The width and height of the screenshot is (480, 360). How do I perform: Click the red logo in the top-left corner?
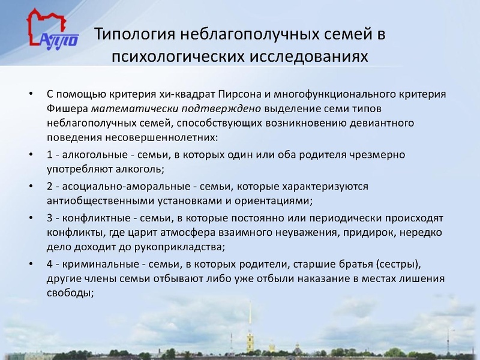52,29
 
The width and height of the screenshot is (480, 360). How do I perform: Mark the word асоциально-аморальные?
119,186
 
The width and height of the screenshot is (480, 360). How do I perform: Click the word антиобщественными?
100,200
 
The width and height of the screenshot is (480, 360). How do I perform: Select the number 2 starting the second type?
50,186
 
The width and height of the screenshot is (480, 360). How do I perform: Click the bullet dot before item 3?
31,217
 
